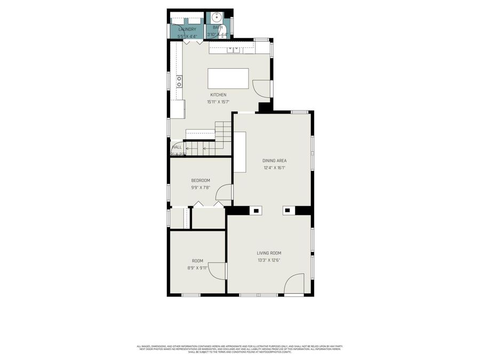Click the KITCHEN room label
click(x=218, y=95)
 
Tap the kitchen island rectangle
click(x=228, y=78)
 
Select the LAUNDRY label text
click(x=187, y=29)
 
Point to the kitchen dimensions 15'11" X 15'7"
click(x=218, y=102)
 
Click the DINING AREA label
click(x=274, y=161)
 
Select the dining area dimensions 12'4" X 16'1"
click(x=274, y=167)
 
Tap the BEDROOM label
click(x=201, y=180)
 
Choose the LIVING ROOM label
click(x=269, y=253)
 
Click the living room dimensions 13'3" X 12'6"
click(x=269, y=260)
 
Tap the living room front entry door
click(x=294, y=284)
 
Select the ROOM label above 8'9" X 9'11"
click(x=197, y=261)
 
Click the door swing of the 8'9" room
click(x=218, y=270)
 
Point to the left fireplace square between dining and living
click(x=256, y=211)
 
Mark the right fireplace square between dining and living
click(x=287, y=211)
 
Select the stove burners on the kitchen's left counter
click(x=179, y=81)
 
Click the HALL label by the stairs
click(x=177, y=147)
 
